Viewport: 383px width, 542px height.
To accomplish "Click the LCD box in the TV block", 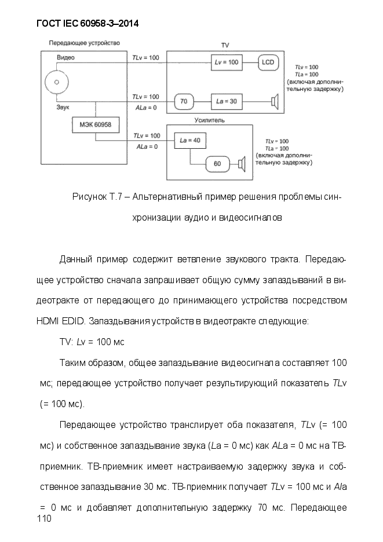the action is tap(268, 63).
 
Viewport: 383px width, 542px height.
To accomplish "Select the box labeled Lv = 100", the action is tap(227, 63).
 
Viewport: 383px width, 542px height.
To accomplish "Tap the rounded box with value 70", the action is tap(184, 101).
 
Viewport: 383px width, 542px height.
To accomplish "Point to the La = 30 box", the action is tap(227, 101).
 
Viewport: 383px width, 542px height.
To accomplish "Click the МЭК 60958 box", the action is tap(96, 124).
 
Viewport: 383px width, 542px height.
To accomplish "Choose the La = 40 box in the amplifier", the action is tap(190, 140).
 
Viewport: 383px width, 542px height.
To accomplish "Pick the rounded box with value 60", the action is tap(217, 164).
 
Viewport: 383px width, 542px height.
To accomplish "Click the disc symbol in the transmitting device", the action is tap(57, 82).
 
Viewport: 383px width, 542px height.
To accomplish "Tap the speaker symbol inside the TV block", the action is tap(275, 102).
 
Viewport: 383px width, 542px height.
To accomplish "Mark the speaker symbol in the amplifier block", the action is tap(242, 164).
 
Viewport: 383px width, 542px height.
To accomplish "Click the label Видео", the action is tap(65, 58).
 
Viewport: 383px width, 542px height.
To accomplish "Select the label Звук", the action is tap(63, 107).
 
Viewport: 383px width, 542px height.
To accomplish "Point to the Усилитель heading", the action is tap(209, 120).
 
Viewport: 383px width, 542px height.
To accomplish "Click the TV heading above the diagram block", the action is tap(225, 46).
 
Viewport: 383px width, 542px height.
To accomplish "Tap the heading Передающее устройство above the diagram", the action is tap(85, 43).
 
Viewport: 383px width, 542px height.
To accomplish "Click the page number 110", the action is tap(44, 518).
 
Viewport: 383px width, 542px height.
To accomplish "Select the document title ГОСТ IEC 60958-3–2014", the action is tap(87, 24).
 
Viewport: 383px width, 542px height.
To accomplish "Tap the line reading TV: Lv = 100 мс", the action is tap(92, 342).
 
